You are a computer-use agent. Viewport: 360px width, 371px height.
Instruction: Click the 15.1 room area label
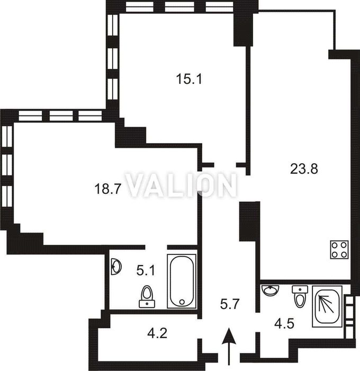point(189,79)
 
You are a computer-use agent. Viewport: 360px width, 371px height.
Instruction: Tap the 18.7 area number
point(108,189)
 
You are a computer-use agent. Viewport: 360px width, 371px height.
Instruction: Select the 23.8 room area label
point(304,169)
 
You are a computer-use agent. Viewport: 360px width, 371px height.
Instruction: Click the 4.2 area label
point(157,333)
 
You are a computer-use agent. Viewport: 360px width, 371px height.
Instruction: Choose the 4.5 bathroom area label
point(284,324)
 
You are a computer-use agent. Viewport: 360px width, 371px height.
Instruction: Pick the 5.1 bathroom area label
point(146,270)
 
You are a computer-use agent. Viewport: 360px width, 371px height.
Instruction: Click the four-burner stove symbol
point(340,250)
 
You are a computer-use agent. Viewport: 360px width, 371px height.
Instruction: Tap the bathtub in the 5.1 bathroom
point(182,281)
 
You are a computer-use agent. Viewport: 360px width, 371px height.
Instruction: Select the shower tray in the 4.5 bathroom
point(327,306)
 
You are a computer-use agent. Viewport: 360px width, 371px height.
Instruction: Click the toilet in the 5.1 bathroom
point(147,297)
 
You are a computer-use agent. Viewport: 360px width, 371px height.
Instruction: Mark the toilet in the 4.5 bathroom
point(300,296)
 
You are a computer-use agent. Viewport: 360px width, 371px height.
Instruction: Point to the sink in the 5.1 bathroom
point(116,267)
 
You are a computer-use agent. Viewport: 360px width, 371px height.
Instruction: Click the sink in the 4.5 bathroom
point(271,290)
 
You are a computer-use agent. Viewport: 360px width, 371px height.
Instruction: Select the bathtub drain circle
point(182,302)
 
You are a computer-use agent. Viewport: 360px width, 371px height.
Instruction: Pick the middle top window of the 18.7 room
point(61,116)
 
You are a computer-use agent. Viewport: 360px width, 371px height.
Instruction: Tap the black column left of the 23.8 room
point(250,221)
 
